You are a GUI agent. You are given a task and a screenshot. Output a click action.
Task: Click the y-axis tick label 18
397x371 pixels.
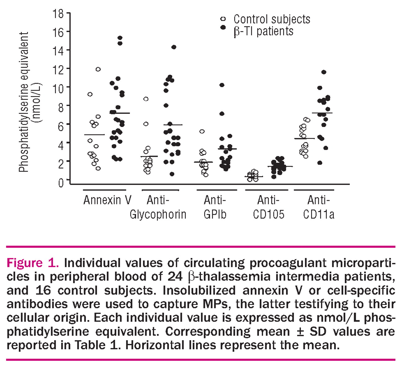58,14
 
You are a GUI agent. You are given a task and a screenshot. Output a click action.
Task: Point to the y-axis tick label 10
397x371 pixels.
58,89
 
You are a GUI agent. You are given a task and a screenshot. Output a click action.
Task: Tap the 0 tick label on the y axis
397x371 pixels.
61,183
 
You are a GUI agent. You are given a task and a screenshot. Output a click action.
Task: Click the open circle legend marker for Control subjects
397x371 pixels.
223,19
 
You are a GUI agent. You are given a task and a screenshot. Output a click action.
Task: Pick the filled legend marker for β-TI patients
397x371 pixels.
223,27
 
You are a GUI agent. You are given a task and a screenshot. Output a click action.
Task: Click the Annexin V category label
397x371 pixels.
107,200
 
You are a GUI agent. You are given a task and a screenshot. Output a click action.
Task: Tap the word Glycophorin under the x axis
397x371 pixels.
158,214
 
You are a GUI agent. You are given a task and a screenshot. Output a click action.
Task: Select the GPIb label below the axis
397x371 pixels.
215,214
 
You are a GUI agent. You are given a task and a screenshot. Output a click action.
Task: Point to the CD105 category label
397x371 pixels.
268,214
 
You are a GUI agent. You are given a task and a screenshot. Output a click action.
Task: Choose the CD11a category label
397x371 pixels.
319,214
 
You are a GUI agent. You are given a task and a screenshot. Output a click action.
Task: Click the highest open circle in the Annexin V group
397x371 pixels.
98,69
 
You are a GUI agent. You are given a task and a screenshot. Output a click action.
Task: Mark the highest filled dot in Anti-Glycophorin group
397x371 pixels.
174,47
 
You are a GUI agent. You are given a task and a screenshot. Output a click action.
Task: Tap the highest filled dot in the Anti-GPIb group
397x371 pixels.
222,85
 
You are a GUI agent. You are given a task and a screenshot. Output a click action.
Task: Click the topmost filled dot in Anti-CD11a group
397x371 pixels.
324,72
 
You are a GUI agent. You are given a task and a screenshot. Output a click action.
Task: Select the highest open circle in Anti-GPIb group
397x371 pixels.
202,131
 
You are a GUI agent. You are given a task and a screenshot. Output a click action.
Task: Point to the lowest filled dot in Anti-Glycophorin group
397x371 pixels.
172,174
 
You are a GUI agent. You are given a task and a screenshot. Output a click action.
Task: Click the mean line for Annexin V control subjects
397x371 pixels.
94,135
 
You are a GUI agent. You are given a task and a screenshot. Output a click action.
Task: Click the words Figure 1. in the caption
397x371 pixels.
33,263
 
